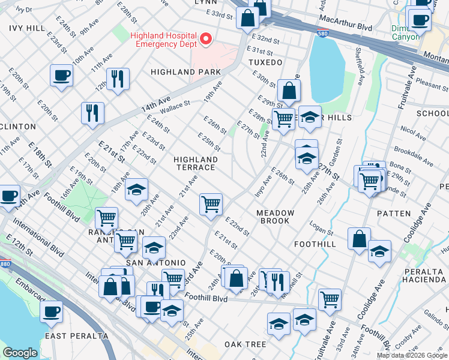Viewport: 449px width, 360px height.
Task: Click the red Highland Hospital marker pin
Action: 206,40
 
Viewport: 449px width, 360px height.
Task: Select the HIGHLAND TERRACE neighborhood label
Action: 195,163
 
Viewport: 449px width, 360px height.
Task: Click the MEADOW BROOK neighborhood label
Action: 276,217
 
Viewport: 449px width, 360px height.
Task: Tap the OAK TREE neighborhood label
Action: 245,344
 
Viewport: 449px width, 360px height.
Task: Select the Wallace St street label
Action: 174,107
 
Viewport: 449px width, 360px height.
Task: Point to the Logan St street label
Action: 321,229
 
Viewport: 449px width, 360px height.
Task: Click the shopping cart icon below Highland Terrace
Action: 211,204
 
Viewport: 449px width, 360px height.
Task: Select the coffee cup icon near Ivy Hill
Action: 61,76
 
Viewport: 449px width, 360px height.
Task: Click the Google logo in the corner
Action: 20,353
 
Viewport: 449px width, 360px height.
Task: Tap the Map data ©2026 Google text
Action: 411,355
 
